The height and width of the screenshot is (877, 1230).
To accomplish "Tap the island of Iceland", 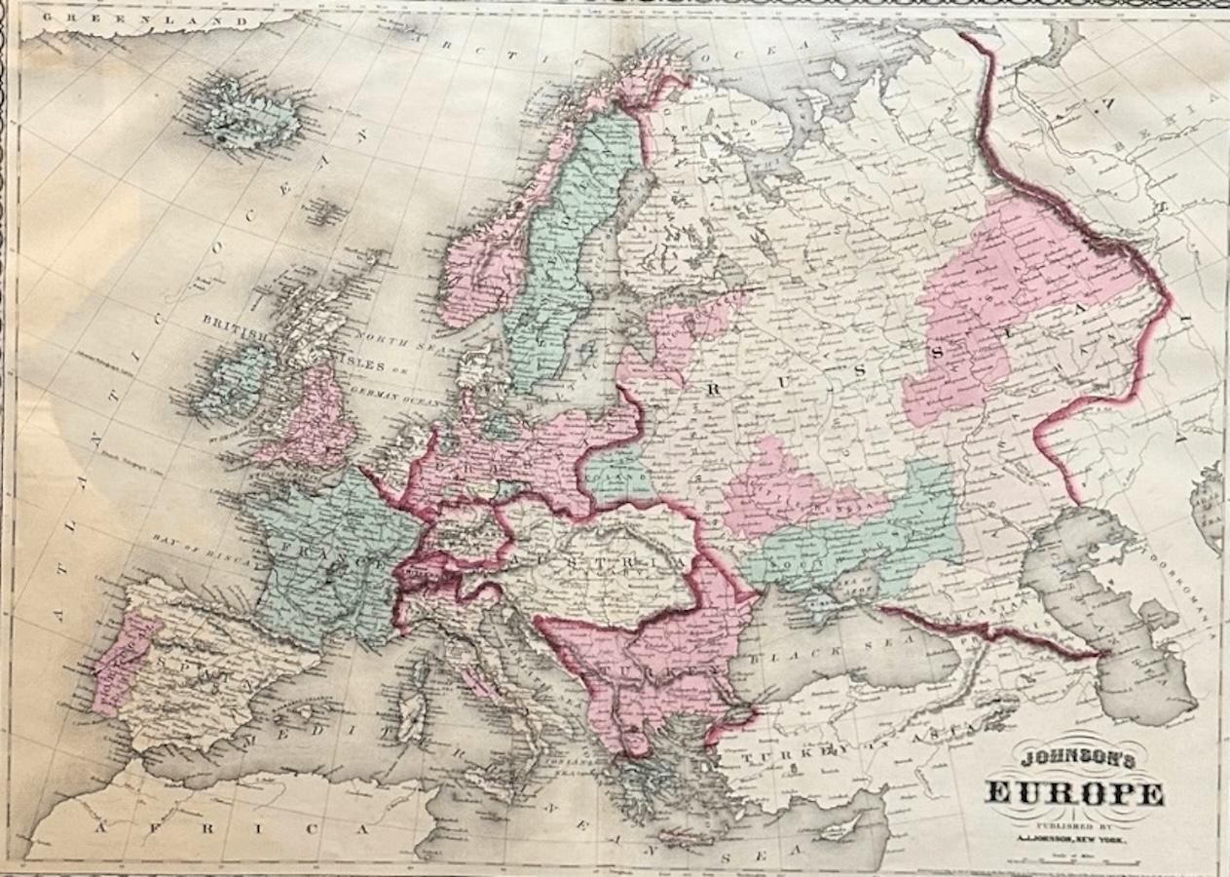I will pos(247,117).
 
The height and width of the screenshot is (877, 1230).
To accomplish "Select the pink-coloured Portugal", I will pos(118,659).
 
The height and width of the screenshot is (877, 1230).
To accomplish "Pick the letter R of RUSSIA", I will pos(716,388).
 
